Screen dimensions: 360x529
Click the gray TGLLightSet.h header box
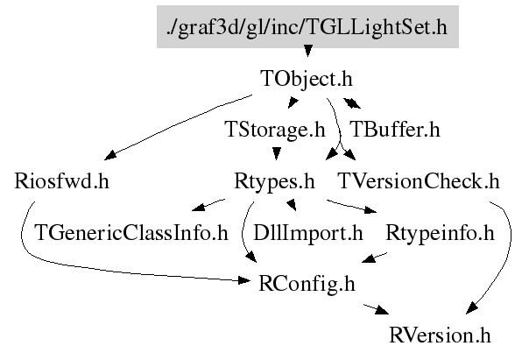click(x=307, y=27)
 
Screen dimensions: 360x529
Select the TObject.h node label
click(x=307, y=79)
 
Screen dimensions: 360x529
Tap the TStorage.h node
click(x=275, y=131)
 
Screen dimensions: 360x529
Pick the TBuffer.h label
click(x=394, y=131)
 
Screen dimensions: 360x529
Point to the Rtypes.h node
click(x=274, y=182)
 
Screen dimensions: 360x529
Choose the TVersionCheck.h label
click(x=418, y=182)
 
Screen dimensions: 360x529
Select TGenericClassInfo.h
click(x=130, y=234)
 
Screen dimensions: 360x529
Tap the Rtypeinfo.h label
click(x=440, y=234)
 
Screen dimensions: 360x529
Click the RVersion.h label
click(x=441, y=335)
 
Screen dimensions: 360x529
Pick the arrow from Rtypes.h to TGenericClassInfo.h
click(x=208, y=207)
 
